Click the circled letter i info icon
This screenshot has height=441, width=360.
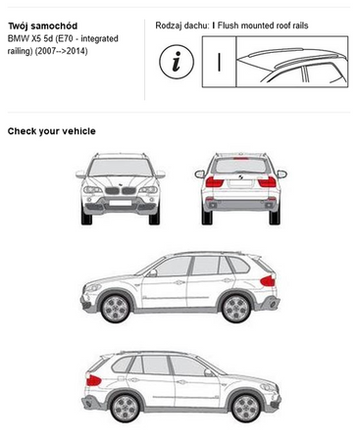point(177,62)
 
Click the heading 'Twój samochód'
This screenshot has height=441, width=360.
point(42,25)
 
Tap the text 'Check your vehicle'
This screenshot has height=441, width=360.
point(52,131)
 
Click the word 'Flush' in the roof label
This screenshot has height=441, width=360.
point(228,25)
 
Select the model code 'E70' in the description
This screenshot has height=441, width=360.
point(64,38)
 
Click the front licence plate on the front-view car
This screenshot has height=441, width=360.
point(121,203)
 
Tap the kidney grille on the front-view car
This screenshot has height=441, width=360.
point(121,190)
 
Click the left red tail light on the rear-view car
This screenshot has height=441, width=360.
point(214,182)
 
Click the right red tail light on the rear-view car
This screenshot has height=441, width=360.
point(267,182)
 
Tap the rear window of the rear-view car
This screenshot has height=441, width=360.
point(240,166)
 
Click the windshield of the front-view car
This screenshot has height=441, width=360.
point(121,168)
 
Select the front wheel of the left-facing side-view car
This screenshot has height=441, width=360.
point(116,308)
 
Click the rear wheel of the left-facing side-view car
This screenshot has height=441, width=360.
point(236,308)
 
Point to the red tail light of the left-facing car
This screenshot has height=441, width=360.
point(268,281)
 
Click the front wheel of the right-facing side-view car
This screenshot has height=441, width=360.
point(246,408)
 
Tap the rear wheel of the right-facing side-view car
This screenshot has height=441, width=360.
point(125,408)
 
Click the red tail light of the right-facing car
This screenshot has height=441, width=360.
point(93,380)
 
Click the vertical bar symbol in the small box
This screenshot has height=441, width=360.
point(219,62)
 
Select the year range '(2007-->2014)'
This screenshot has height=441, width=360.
point(62,51)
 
